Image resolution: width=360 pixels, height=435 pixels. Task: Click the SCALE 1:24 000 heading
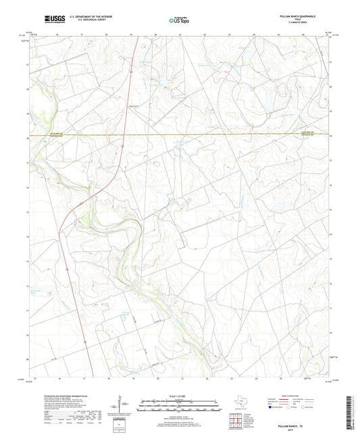(180, 395)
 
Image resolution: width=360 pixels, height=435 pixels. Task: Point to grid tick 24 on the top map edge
(254, 33)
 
